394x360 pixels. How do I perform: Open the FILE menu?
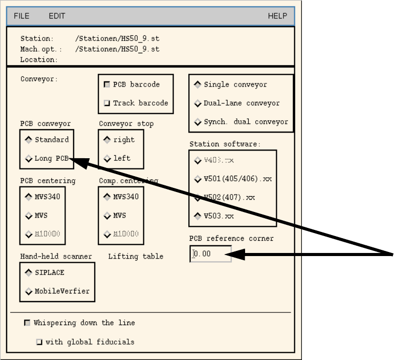pyautogui.click(x=21, y=16)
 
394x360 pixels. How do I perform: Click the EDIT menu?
pyautogui.click(x=57, y=16)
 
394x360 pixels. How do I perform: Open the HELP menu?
pyautogui.click(x=277, y=16)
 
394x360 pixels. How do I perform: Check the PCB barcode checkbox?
pyautogui.click(x=107, y=84)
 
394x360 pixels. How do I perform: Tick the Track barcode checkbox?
pyautogui.click(x=107, y=103)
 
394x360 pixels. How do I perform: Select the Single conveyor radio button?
pyautogui.click(x=198, y=84)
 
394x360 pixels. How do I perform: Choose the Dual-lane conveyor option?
pyautogui.click(x=198, y=103)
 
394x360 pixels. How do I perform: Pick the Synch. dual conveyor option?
pyautogui.click(x=198, y=122)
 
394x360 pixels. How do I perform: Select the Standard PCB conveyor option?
pyautogui.click(x=29, y=140)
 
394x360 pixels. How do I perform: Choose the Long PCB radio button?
pyautogui.click(x=29, y=159)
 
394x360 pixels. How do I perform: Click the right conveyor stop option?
pyautogui.click(x=107, y=140)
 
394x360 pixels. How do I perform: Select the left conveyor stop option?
pyautogui.click(x=107, y=159)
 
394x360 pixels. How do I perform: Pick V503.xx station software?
pyautogui.click(x=198, y=216)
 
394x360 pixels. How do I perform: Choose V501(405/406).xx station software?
pyautogui.click(x=198, y=179)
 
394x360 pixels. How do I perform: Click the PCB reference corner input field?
pyautogui.click(x=211, y=254)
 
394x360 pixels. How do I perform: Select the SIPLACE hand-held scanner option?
pyautogui.click(x=29, y=273)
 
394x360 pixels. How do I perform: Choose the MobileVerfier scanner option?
pyautogui.click(x=29, y=291)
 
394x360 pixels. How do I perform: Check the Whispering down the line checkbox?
pyautogui.click(x=27, y=323)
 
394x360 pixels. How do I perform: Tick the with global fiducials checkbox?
pyautogui.click(x=39, y=342)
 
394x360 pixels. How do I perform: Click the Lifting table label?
pyautogui.click(x=136, y=256)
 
